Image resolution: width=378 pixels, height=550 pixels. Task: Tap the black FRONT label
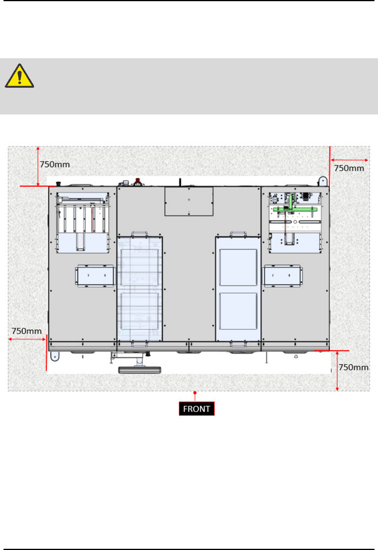click(196, 409)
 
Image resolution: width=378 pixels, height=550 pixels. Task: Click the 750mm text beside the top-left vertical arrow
click(55, 164)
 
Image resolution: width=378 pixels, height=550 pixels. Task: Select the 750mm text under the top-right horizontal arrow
click(349, 168)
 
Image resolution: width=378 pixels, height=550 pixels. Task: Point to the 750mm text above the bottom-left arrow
click(27, 331)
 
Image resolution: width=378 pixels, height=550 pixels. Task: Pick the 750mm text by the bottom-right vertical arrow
click(354, 367)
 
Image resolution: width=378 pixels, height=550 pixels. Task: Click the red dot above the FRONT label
click(195, 393)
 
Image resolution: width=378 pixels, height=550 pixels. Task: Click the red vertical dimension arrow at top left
click(38, 166)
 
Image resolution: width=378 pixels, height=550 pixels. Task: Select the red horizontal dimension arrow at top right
click(349, 160)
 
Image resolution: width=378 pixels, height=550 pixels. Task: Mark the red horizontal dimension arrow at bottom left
click(27, 340)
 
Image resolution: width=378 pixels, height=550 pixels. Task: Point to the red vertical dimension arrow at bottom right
click(337, 371)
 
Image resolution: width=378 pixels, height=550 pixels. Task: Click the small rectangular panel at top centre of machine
click(189, 201)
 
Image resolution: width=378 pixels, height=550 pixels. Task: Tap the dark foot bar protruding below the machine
click(140, 370)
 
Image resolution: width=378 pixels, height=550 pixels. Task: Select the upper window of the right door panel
click(238, 268)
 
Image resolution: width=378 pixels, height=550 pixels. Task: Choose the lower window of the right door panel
click(238, 311)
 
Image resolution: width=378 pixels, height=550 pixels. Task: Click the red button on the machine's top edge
click(138, 181)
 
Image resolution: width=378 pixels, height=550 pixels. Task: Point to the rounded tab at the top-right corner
click(323, 181)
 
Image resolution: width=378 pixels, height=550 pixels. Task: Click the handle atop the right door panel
click(238, 234)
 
